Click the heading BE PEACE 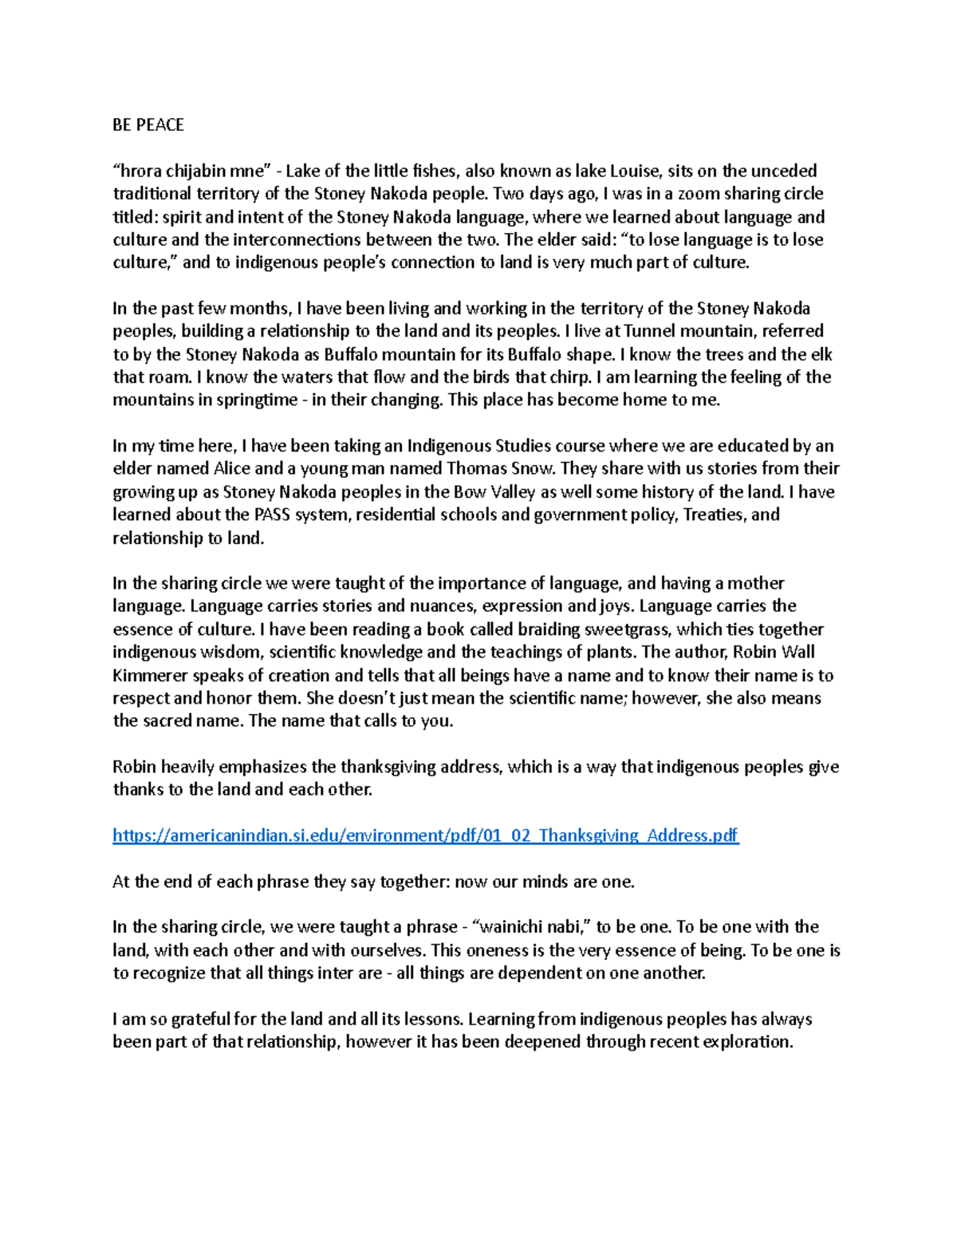[x=148, y=124]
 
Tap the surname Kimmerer [x=150, y=676]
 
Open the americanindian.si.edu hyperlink [x=426, y=836]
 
